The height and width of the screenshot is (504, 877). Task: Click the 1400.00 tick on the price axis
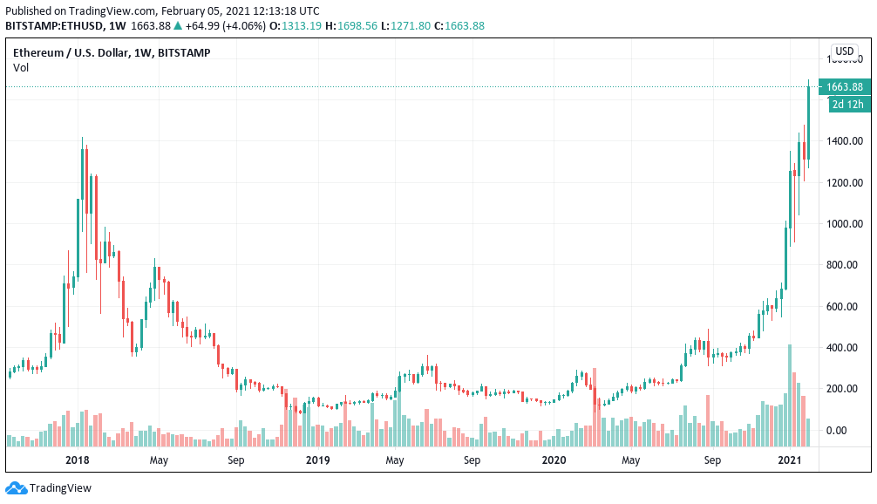(x=845, y=141)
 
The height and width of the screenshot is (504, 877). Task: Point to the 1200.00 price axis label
(x=845, y=182)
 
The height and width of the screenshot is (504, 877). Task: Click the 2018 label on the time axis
(x=78, y=460)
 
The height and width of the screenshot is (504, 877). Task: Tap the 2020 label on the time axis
(x=554, y=460)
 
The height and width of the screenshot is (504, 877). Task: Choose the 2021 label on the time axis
(x=790, y=460)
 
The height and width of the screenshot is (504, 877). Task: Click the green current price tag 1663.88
(x=844, y=87)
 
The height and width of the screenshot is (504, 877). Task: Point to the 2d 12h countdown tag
(x=847, y=105)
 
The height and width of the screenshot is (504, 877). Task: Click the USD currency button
(x=844, y=51)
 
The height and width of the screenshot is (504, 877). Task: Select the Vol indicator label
(x=21, y=67)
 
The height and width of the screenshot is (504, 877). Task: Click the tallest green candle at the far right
(x=809, y=122)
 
